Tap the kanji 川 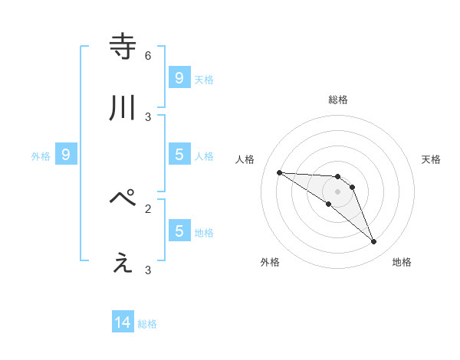click(123, 109)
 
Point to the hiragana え click(123, 263)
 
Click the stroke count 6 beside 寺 click(148, 56)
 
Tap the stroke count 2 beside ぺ click(148, 208)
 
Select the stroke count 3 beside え click(148, 270)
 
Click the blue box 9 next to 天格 click(179, 78)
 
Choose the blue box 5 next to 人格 click(179, 155)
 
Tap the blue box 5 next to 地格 click(179, 231)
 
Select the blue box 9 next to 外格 click(66, 155)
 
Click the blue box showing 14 click(123, 323)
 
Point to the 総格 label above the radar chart click(338, 100)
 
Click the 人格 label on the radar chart click(245, 159)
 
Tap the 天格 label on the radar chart click(431, 159)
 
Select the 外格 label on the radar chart click(270, 262)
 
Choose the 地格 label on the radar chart click(402, 262)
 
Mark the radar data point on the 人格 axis click(279, 172)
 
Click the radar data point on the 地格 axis click(373, 242)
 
